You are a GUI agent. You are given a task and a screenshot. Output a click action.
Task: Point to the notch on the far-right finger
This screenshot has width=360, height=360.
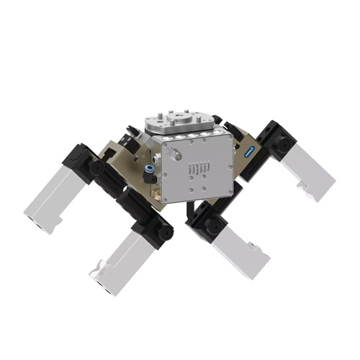(x=302, y=189)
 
